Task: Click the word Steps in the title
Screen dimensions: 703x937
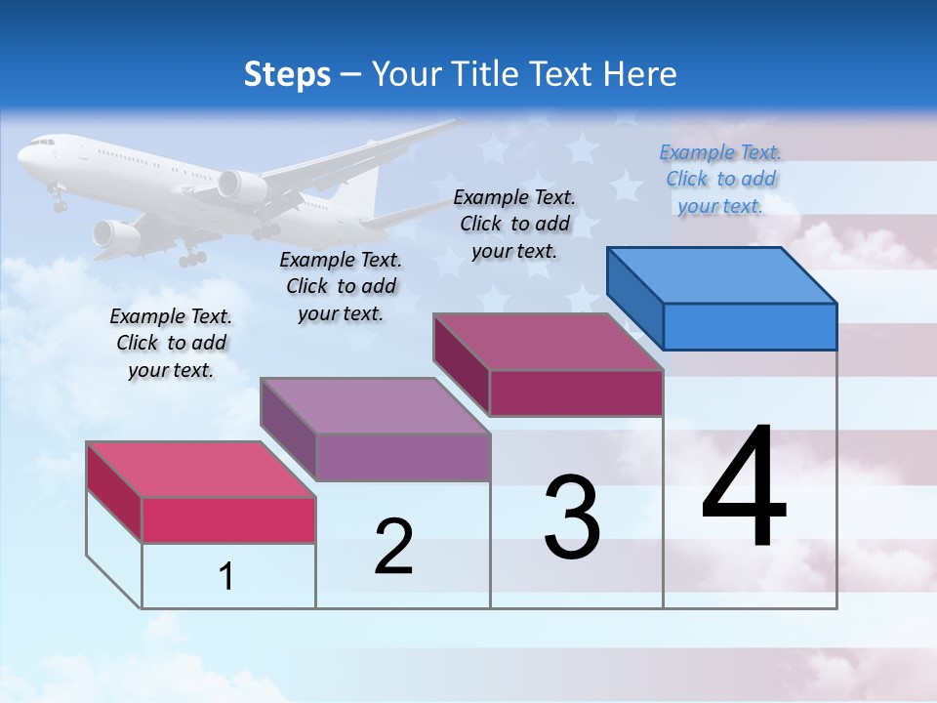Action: tap(287, 74)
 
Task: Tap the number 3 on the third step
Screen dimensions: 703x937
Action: tap(572, 517)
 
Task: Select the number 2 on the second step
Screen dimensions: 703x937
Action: tap(393, 547)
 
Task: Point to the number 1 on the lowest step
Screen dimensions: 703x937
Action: tap(226, 576)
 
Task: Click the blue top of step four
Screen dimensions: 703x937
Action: tap(720, 274)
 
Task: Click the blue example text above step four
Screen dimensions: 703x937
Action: tap(720, 179)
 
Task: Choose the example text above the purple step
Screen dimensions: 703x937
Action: tap(341, 286)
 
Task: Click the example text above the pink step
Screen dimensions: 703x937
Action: tap(171, 343)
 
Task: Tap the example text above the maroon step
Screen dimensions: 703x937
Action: tap(514, 224)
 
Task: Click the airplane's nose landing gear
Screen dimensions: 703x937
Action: tap(60, 202)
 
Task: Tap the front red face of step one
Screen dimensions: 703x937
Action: tap(228, 519)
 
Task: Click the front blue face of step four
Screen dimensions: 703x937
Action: tap(750, 326)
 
